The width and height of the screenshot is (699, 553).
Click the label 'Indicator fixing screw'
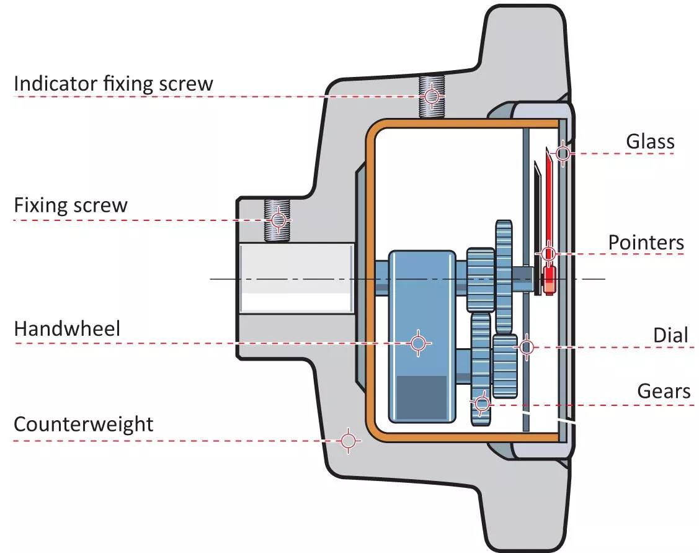click(x=113, y=84)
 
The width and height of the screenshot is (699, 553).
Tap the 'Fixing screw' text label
click(x=70, y=205)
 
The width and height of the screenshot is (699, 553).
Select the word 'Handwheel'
click(x=67, y=328)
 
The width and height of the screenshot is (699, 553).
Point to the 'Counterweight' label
click(x=83, y=425)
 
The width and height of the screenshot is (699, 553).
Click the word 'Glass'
click(x=650, y=142)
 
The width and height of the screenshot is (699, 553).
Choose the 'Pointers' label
click(x=646, y=243)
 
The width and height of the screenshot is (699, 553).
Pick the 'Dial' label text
click(x=670, y=336)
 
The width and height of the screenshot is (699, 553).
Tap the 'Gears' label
click(x=664, y=392)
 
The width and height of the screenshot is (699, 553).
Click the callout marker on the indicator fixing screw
click(x=432, y=96)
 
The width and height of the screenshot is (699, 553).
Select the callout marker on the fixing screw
click(x=278, y=220)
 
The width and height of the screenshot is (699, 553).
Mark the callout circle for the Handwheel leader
click(x=419, y=343)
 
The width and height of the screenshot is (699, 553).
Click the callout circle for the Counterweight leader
click(x=349, y=441)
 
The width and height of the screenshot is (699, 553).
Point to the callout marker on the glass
click(x=563, y=153)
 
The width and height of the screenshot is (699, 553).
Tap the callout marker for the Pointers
click(x=548, y=253)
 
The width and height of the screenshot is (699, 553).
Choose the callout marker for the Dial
click(x=526, y=347)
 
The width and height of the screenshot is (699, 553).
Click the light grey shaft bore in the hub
click(x=296, y=277)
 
